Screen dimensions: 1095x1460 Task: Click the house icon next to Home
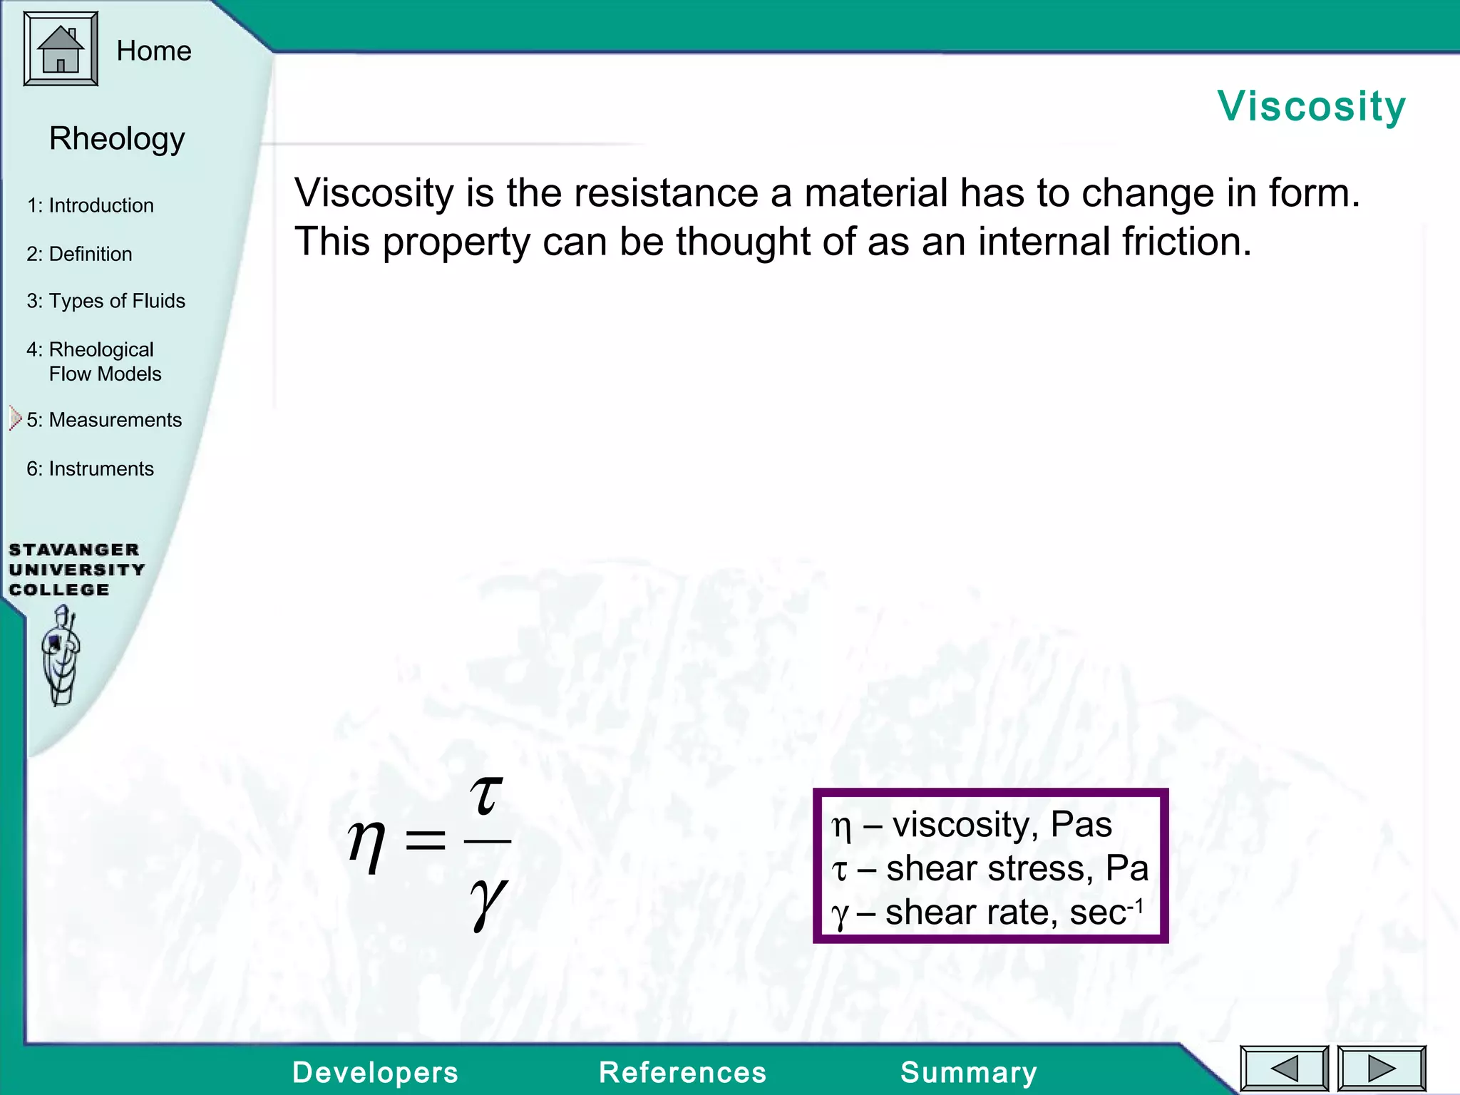pyautogui.click(x=61, y=49)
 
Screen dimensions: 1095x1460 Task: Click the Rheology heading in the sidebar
pyautogui.click(x=117, y=138)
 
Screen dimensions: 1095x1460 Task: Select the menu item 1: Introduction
pyautogui.click(x=91, y=205)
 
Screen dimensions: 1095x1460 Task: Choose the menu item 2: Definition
pyautogui.click(x=79, y=254)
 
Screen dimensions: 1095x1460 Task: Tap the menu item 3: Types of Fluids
pyautogui.click(x=106, y=301)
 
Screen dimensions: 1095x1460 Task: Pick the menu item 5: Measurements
pyautogui.click(x=104, y=420)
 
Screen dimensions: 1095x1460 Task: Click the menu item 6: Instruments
pyautogui.click(x=91, y=468)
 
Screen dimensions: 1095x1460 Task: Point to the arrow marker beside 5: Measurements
pyautogui.click(x=16, y=418)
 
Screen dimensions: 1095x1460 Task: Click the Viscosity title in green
pyautogui.click(x=1311, y=106)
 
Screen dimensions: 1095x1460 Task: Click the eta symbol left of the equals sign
pyautogui.click(x=366, y=844)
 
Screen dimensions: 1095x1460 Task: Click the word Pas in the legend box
pyautogui.click(x=1081, y=825)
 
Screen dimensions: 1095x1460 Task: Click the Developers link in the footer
pyautogui.click(x=375, y=1072)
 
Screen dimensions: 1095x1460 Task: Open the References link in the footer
pyautogui.click(x=682, y=1072)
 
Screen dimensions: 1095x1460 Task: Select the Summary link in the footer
pyautogui.click(x=968, y=1072)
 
